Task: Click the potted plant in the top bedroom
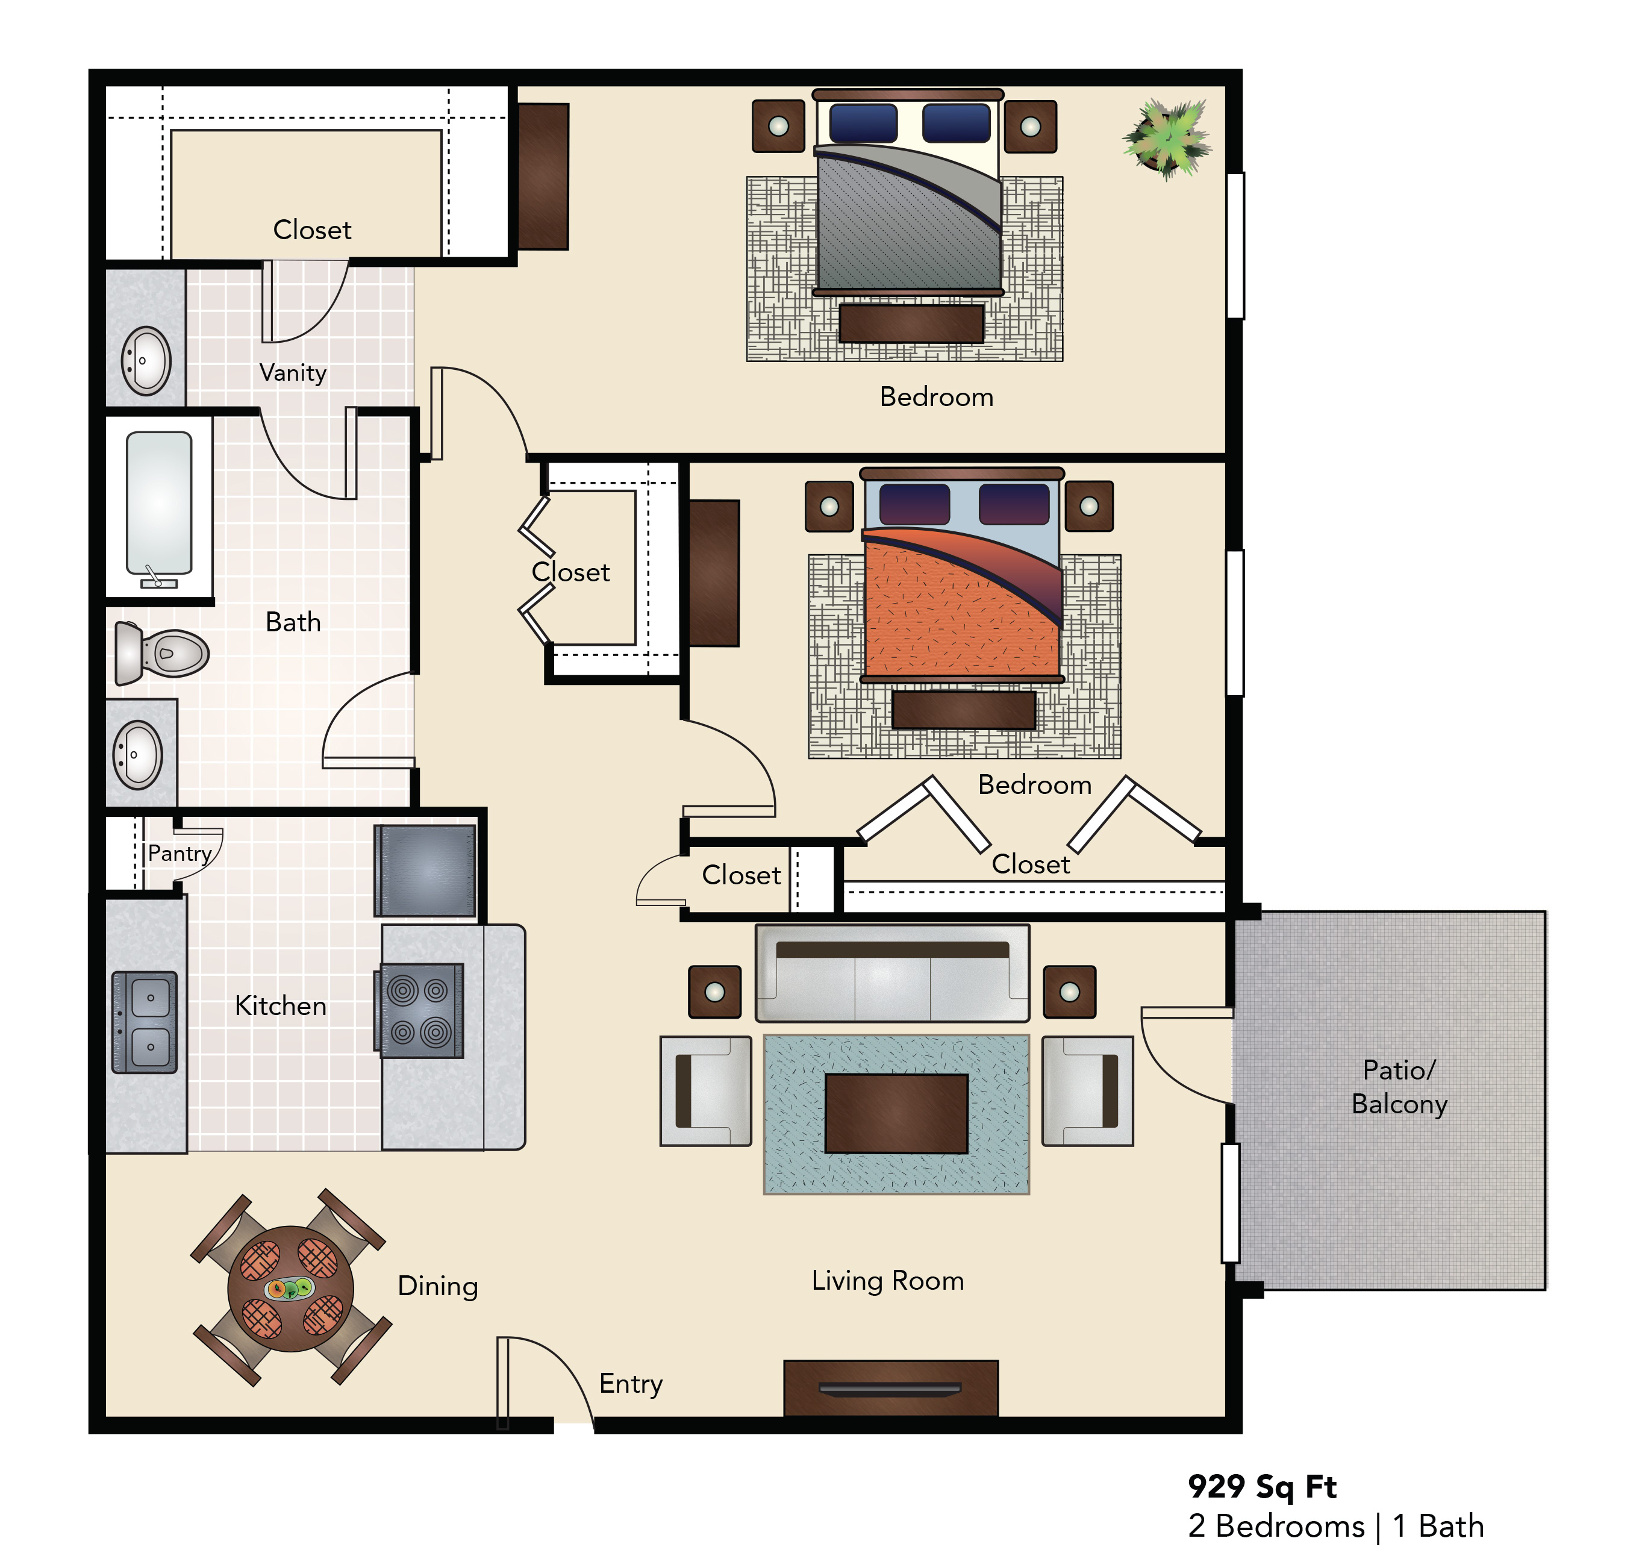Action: [x=1166, y=139]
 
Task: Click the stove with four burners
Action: [x=422, y=1011]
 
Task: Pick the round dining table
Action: [x=290, y=1290]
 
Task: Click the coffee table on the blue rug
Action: [x=896, y=1113]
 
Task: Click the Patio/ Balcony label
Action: [x=1399, y=1087]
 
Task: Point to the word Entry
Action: [x=631, y=1384]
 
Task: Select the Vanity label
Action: [x=293, y=372]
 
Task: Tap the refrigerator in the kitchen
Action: [x=425, y=870]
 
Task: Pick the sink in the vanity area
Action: [x=146, y=361]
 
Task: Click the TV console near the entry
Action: [x=891, y=1387]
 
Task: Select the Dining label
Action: [x=438, y=1286]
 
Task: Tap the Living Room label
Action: [x=887, y=1281]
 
